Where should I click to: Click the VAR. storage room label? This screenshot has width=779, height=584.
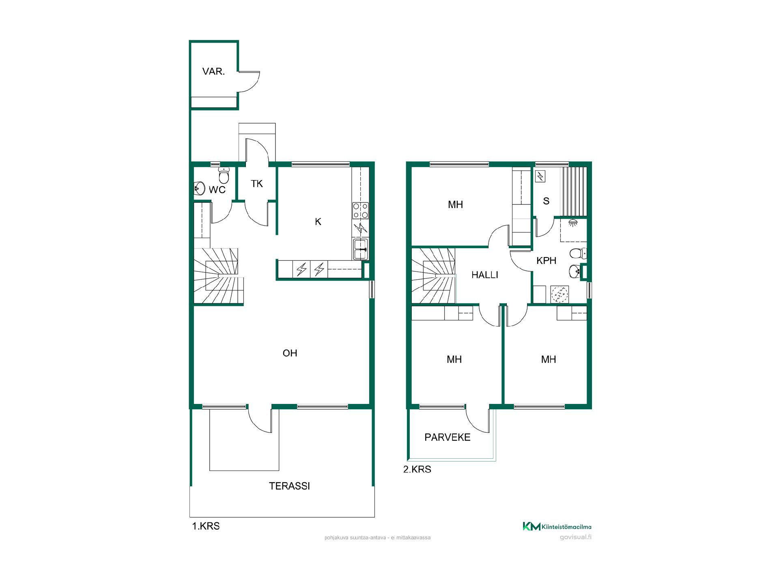(213, 72)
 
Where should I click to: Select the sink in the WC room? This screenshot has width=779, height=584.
(200, 188)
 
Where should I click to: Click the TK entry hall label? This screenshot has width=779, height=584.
(257, 184)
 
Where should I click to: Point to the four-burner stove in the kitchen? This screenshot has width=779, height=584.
(360, 211)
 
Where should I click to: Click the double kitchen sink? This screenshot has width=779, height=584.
(360, 249)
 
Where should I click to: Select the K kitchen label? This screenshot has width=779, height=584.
(318, 221)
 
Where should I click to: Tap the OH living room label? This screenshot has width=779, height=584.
(290, 353)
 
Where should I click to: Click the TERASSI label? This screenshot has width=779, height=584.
(289, 486)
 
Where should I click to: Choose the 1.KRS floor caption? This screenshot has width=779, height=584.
(206, 526)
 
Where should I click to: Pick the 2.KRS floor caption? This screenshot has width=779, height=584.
(417, 470)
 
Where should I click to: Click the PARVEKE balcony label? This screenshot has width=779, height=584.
(448, 437)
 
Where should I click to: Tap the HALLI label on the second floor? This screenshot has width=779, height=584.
(485, 275)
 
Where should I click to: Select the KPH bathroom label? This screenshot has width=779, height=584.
(546, 261)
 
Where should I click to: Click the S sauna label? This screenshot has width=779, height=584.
(546, 201)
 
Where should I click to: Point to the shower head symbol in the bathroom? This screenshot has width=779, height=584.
(573, 222)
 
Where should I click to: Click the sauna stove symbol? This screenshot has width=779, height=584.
(541, 176)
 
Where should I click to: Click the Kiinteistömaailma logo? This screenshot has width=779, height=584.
(557, 527)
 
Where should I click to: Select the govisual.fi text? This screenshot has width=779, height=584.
(575, 538)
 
